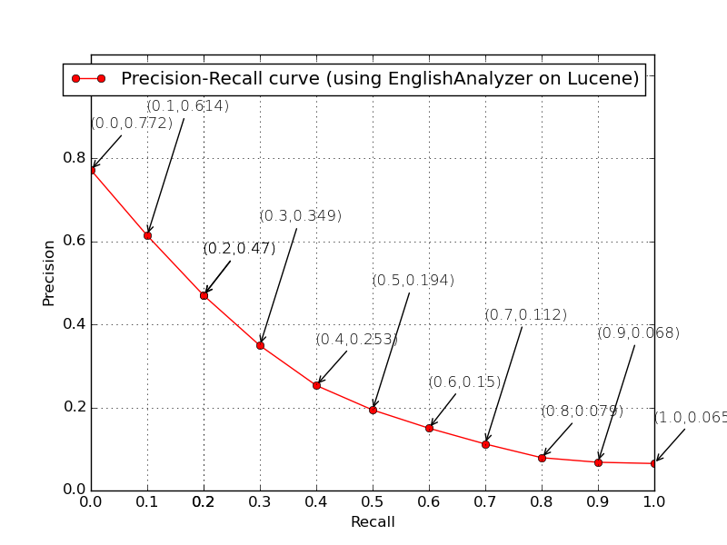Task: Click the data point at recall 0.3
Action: point(260,345)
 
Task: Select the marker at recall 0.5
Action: point(373,410)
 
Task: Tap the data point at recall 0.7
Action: point(485,444)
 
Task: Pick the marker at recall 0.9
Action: point(598,462)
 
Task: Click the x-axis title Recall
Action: point(373,522)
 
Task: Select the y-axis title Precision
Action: point(49,272)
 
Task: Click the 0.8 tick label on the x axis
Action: point(542,501)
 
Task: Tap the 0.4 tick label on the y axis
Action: point(75,324)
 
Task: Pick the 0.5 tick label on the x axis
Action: point(373,501)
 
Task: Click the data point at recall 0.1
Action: point(147,235)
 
